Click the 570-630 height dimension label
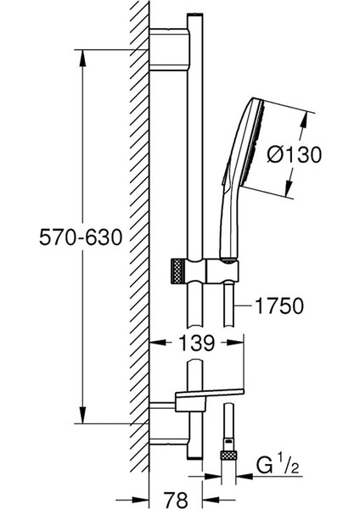click(x=81, y=238)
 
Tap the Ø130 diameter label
click(x=295, y=154)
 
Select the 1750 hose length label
click(x=279, y=305)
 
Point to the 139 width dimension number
click(x=197, y=343)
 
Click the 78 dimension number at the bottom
click(x=176, y=498)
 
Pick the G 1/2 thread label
click(x=278, y=466)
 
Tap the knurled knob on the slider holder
click(x=176, y=271)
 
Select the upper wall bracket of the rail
click(x=169, y=49)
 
